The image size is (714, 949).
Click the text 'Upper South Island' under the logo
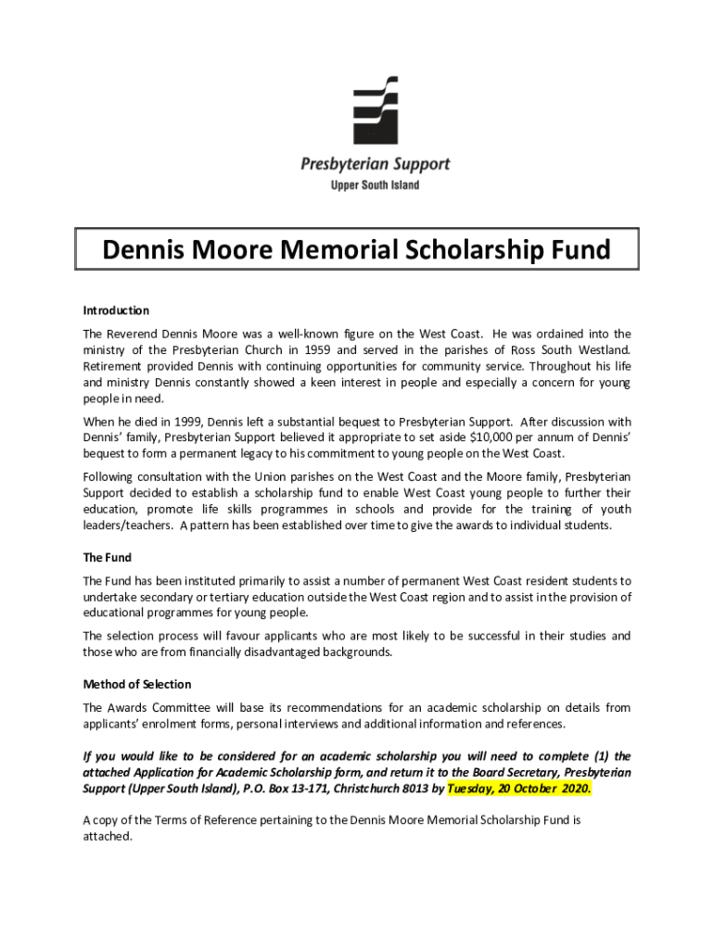tap(375, 185)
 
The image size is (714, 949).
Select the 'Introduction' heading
tap(116, 310)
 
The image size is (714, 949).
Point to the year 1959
tap(345, 349)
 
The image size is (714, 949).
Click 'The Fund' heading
tap(108, 558)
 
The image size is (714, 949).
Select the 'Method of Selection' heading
tap(137, 684)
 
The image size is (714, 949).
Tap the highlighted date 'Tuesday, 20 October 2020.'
tap(518, 790)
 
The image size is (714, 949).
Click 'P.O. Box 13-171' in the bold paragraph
tap(274, 790)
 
